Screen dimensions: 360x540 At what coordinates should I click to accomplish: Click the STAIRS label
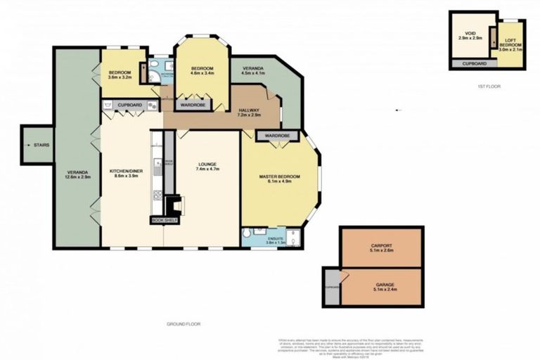point(41,145)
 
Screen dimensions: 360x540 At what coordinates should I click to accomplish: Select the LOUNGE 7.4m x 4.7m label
point(208,168)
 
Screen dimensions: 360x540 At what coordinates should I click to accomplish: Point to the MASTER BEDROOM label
point(279,178)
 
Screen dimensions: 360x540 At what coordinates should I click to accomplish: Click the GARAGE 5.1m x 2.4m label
point(380,287)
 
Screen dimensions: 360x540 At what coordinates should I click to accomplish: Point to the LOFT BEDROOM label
point(508,43)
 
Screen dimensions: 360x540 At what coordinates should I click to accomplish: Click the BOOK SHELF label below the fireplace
point(165,220)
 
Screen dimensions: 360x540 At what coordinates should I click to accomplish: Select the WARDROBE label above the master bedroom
point(277,134)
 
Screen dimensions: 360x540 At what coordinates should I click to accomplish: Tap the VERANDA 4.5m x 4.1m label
point(254,70)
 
